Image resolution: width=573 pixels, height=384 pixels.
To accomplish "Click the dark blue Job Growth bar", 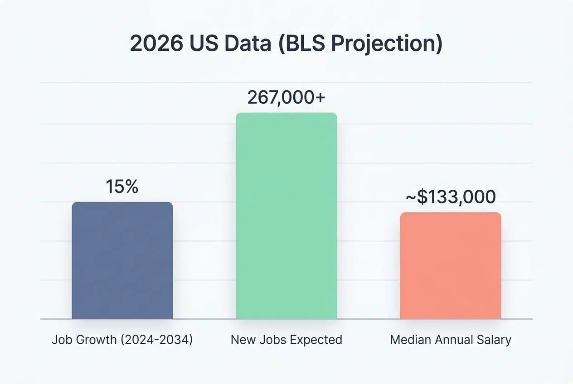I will point(122,261).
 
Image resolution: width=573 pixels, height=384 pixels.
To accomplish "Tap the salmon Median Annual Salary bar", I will point(451,266).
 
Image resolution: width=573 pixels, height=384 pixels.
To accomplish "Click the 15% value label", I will point(122,187).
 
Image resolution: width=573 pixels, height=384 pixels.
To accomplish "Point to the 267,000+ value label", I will point(286,97).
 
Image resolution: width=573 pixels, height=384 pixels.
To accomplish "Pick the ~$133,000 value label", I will point(450,197).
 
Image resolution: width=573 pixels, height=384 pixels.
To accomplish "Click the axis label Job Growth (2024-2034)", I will point(122,340).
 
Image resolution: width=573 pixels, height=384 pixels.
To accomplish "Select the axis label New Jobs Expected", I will point(286,340).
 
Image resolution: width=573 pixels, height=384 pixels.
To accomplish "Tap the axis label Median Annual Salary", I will point(451,340).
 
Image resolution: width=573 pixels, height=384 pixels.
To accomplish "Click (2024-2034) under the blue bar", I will point(157,340).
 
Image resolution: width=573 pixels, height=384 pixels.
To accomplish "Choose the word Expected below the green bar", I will point(320,340).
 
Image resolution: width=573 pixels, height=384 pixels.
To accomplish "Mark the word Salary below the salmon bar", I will point(496,340).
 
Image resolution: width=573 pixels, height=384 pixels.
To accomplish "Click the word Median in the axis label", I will point(407,340).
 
